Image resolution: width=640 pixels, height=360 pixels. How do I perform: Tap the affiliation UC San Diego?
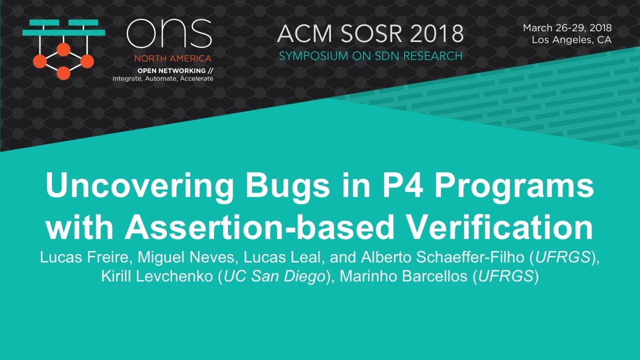(x=274, y=276)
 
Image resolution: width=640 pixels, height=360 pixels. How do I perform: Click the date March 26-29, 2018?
(x=567, y=28)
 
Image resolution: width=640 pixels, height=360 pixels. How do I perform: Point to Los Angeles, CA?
(x=571, y=40)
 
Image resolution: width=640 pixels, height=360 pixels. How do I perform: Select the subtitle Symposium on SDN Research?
(x=370, y=56)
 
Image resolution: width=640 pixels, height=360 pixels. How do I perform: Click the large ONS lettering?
(x=169, y=34)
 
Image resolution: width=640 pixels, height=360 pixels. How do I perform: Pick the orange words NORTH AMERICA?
(x=172, y=58)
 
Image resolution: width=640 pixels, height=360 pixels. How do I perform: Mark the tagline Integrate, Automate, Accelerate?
(x=162, y=78)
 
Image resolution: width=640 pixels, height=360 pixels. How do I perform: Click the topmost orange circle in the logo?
(x=63, y=49)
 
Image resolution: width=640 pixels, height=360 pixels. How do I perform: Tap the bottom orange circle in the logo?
(x=63, y=73)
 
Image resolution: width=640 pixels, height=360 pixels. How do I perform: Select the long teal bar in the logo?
(x=64, y=32)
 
